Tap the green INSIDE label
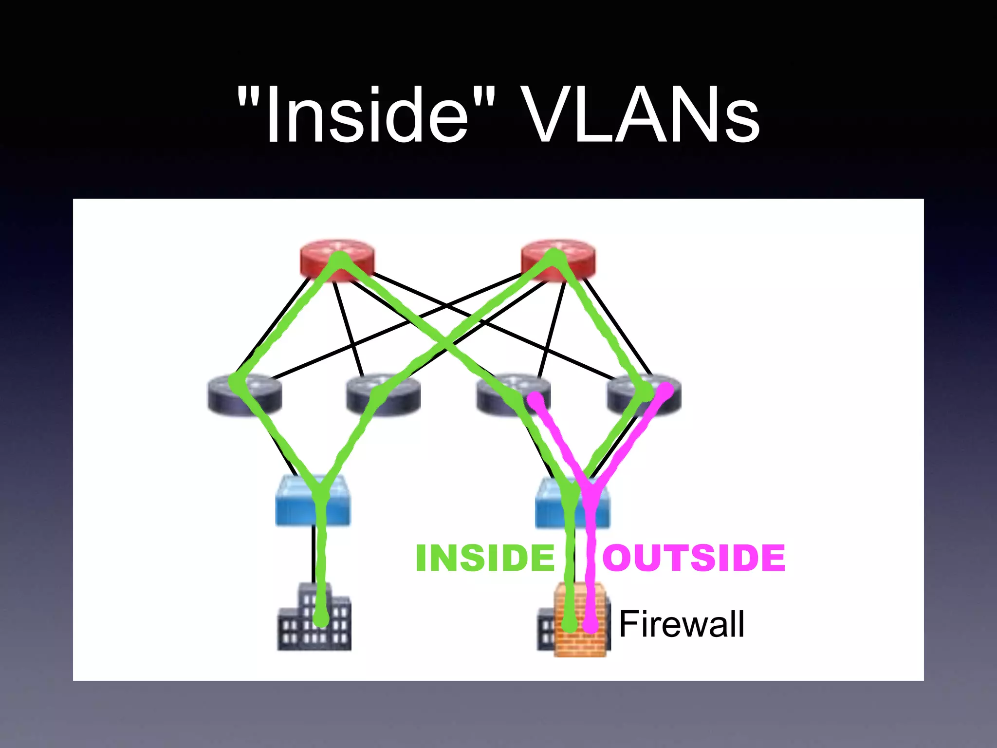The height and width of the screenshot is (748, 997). tap(485, 558)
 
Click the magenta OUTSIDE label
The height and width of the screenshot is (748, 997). tap(694, 558)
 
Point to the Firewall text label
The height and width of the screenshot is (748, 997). tap(682, 624)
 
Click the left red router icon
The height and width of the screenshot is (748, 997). tap(337, 261)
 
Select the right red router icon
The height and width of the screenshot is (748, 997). tap(557, 261)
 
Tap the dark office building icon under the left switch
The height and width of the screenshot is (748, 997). tap(314, 618)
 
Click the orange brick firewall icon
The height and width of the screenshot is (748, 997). tap(582, 621)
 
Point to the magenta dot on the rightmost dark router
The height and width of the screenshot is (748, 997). tap(665, 389)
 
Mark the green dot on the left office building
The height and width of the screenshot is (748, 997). tap(321, 619)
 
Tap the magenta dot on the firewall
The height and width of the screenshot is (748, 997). tap(591, 625)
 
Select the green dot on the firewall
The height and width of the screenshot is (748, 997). tap(570, 624)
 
